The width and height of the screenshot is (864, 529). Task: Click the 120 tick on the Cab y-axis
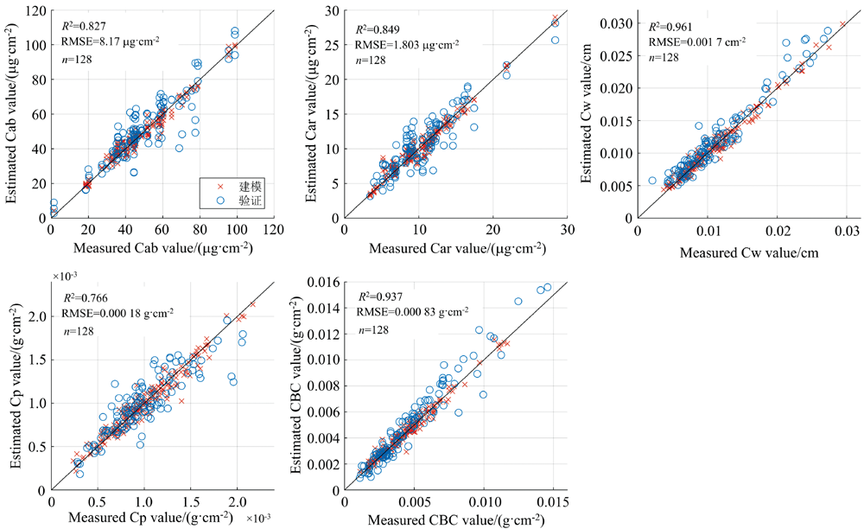tap(35, 10)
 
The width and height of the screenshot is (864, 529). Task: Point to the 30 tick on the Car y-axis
tap(333, 10)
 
